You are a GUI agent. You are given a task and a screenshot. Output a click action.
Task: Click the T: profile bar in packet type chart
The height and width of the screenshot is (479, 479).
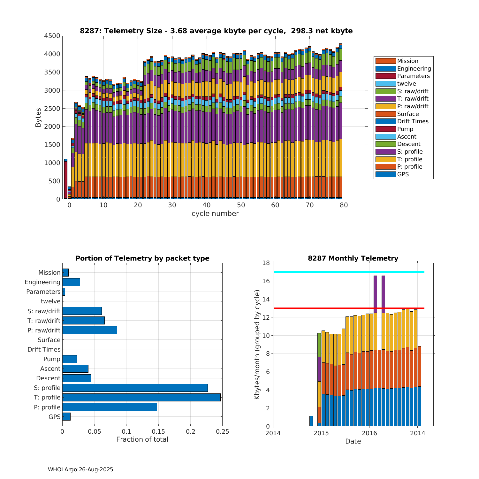tap(141, 397)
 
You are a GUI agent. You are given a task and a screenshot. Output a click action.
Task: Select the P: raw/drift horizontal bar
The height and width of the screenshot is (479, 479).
tap(90, 330)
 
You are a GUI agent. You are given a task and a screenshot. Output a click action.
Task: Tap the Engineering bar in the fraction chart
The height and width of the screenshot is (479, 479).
tap(71, 282)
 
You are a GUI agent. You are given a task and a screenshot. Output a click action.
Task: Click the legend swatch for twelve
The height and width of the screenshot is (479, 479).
tap(385, 84)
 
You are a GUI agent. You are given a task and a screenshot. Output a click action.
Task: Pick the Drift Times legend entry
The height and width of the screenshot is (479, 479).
tap(413, 121)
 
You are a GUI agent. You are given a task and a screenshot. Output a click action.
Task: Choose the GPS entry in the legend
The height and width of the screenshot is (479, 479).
tap(403, 174)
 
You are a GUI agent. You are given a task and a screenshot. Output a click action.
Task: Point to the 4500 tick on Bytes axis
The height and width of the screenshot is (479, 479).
tap(52, 36)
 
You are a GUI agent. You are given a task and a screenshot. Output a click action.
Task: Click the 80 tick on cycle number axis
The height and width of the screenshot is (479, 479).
tap(344, 205)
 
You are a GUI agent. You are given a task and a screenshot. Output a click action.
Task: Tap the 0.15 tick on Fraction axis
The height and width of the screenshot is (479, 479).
tap(158, 432)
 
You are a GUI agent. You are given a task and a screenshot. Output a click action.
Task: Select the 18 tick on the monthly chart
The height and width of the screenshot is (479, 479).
tap(266, 263)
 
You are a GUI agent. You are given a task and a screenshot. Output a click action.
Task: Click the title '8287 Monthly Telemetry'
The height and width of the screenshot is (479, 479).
tap(353, 258)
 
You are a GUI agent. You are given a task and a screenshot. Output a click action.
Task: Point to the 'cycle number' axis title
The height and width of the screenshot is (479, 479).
tap(215, 214)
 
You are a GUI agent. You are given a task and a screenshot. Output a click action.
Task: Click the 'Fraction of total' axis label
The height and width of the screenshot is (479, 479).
tap(142, 439)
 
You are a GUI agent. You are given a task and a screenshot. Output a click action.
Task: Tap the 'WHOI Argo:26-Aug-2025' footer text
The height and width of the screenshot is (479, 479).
tap(80, 469)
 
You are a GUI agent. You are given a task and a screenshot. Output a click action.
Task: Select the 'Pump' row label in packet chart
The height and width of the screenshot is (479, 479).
tap(52, 359)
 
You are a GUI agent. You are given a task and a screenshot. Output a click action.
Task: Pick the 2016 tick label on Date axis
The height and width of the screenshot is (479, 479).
tap(369, 433)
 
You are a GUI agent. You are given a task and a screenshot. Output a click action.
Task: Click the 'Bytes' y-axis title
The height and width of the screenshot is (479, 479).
tap(38, 118)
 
